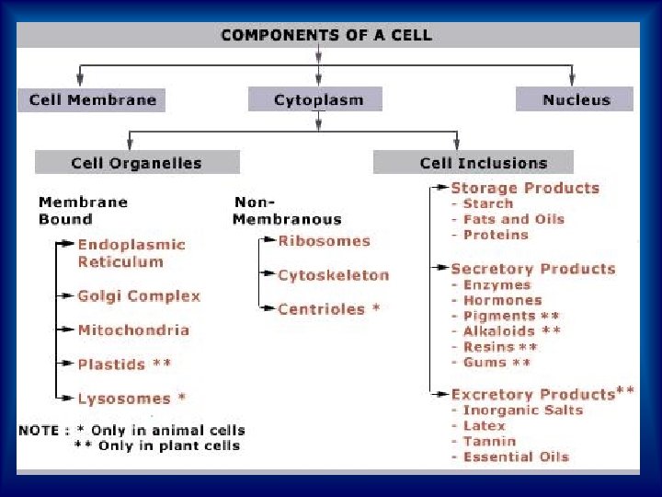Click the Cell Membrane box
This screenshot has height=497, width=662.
(x=92, y=99)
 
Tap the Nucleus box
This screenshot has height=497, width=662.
(x=575, y=99)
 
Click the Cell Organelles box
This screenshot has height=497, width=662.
(x=136, y=163)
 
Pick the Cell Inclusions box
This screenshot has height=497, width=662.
(x=483, y=163)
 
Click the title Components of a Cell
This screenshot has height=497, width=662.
(x=325, y=36)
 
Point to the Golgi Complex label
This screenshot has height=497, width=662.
(x=139, y=295)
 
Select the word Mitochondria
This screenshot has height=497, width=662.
(x=133, y=329)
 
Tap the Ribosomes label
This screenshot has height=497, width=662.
(x=324, y=241)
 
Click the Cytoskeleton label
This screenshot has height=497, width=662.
(x=333, y=274)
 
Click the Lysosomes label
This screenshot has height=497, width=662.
(x=124, y=399)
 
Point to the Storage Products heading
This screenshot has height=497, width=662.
(x=524, y=188)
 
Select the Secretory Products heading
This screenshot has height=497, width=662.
(x=532, y=269)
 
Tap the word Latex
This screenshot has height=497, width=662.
(x=484, y=425)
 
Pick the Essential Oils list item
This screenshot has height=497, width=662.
(x=516, y=457)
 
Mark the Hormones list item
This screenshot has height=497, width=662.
(x=502, y=300)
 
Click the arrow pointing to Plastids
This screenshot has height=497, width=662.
(x=66, y=364)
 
